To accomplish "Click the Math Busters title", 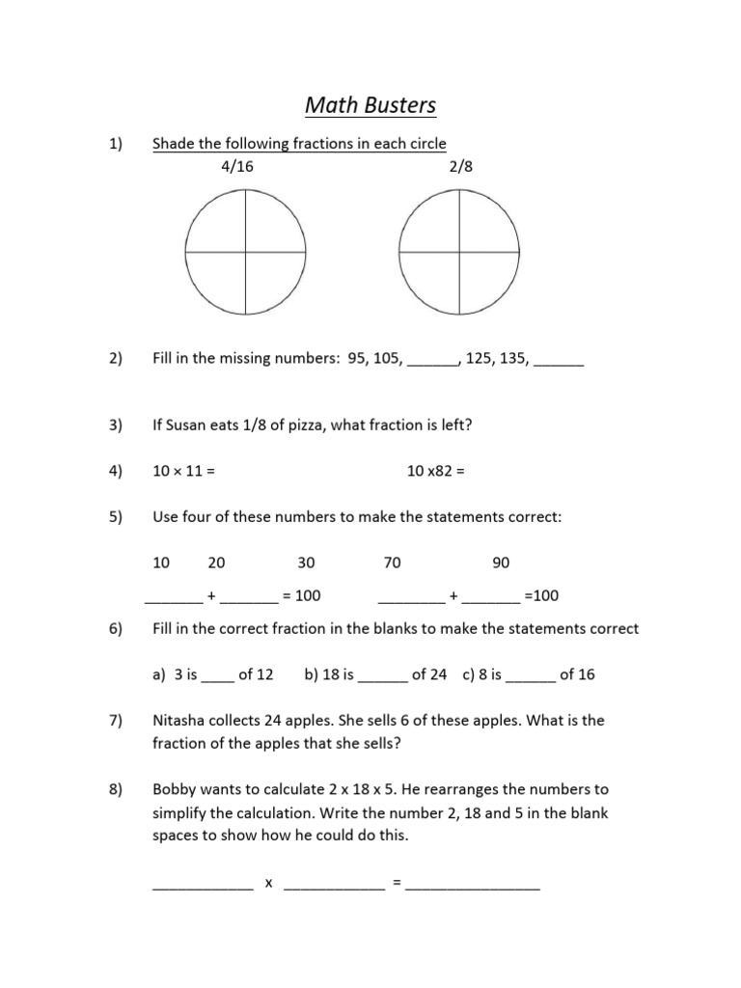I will (x=371, y=104).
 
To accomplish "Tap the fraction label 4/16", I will (x=238, y=166).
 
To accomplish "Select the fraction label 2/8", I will (x=461, y=166).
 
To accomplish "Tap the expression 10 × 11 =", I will (x=182, y=472).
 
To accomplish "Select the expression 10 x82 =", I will (x=436, y=472).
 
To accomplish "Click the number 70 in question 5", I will (x=392, y=563).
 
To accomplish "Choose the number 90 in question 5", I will (x=501, y=563).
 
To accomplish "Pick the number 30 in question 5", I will (x=306, y=563).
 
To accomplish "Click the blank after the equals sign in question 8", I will (x=473, y=884).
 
